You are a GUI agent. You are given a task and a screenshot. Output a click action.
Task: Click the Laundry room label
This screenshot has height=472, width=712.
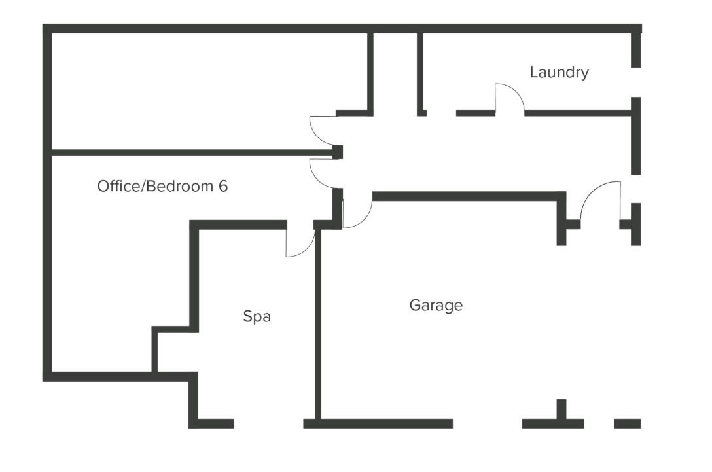click(559, 72)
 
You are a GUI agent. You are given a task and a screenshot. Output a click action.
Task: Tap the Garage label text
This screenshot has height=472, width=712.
click(436, 305)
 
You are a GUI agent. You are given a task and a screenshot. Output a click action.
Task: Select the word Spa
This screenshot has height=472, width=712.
click(257, 317)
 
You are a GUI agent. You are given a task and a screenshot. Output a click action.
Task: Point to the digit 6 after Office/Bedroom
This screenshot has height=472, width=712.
click(223, 186)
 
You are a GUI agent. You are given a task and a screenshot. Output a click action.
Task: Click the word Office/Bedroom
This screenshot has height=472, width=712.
click(156, 186)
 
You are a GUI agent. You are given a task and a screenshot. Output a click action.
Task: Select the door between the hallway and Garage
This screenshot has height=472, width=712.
click(357, 211)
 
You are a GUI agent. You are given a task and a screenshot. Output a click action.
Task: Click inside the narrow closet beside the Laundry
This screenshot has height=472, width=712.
click(395, 72)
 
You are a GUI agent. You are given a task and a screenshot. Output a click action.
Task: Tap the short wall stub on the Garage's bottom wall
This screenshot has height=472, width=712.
click(561, 409)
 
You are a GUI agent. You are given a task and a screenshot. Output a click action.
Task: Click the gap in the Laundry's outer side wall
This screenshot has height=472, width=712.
click(635, 82)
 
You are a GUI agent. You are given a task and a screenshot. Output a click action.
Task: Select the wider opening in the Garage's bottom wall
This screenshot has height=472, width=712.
click(487, 424)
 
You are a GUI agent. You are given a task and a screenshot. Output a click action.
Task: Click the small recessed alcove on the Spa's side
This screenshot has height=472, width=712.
click(173, 350)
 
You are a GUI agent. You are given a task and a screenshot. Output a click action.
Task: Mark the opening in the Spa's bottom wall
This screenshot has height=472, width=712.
click(268, 424)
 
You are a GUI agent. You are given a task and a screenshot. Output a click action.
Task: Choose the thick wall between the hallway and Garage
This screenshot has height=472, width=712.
click(465, 196)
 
